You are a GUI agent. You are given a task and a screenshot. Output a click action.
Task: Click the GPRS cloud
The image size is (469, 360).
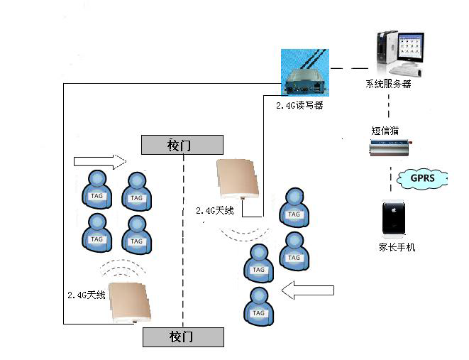[423, 178]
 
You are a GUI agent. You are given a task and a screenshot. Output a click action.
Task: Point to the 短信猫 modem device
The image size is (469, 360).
[389, 148]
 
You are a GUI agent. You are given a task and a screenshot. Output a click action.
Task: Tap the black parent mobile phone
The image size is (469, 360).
[394, 219]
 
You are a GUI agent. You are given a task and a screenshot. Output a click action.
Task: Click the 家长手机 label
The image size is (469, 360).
[397, 247]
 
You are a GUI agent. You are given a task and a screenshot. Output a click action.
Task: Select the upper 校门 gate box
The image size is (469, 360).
[182, 145]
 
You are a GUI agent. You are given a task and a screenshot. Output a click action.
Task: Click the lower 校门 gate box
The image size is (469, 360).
[183, 337]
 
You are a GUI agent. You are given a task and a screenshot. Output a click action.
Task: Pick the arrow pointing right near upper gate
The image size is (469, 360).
[99, 161]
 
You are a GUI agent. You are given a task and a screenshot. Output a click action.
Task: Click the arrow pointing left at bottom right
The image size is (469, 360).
[307, 290]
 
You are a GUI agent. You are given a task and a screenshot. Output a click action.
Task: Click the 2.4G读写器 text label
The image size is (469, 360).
[299, 104]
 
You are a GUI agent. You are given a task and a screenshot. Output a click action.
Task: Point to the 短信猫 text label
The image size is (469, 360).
[384, 131]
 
